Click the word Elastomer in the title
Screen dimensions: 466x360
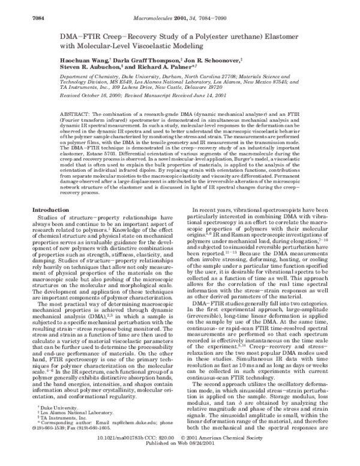coord(298,37)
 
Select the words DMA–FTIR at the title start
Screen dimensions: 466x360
coord(77,37)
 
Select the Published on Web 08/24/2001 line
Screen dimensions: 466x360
coord(180,461)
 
